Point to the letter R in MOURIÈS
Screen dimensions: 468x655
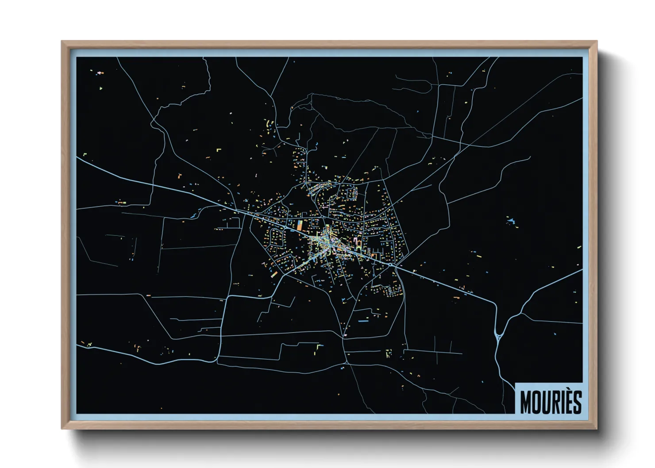coord(557,402)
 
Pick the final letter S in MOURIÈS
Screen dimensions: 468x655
coord(577,402)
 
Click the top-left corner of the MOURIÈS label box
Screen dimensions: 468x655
coord(516,382)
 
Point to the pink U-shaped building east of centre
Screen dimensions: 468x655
coord(356,242)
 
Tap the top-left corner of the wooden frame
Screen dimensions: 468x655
coord(62,41)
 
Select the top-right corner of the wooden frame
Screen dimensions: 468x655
coord(597,41)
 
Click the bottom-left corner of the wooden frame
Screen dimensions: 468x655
coord(62,429)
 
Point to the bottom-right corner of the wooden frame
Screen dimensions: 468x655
coord(597,429)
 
